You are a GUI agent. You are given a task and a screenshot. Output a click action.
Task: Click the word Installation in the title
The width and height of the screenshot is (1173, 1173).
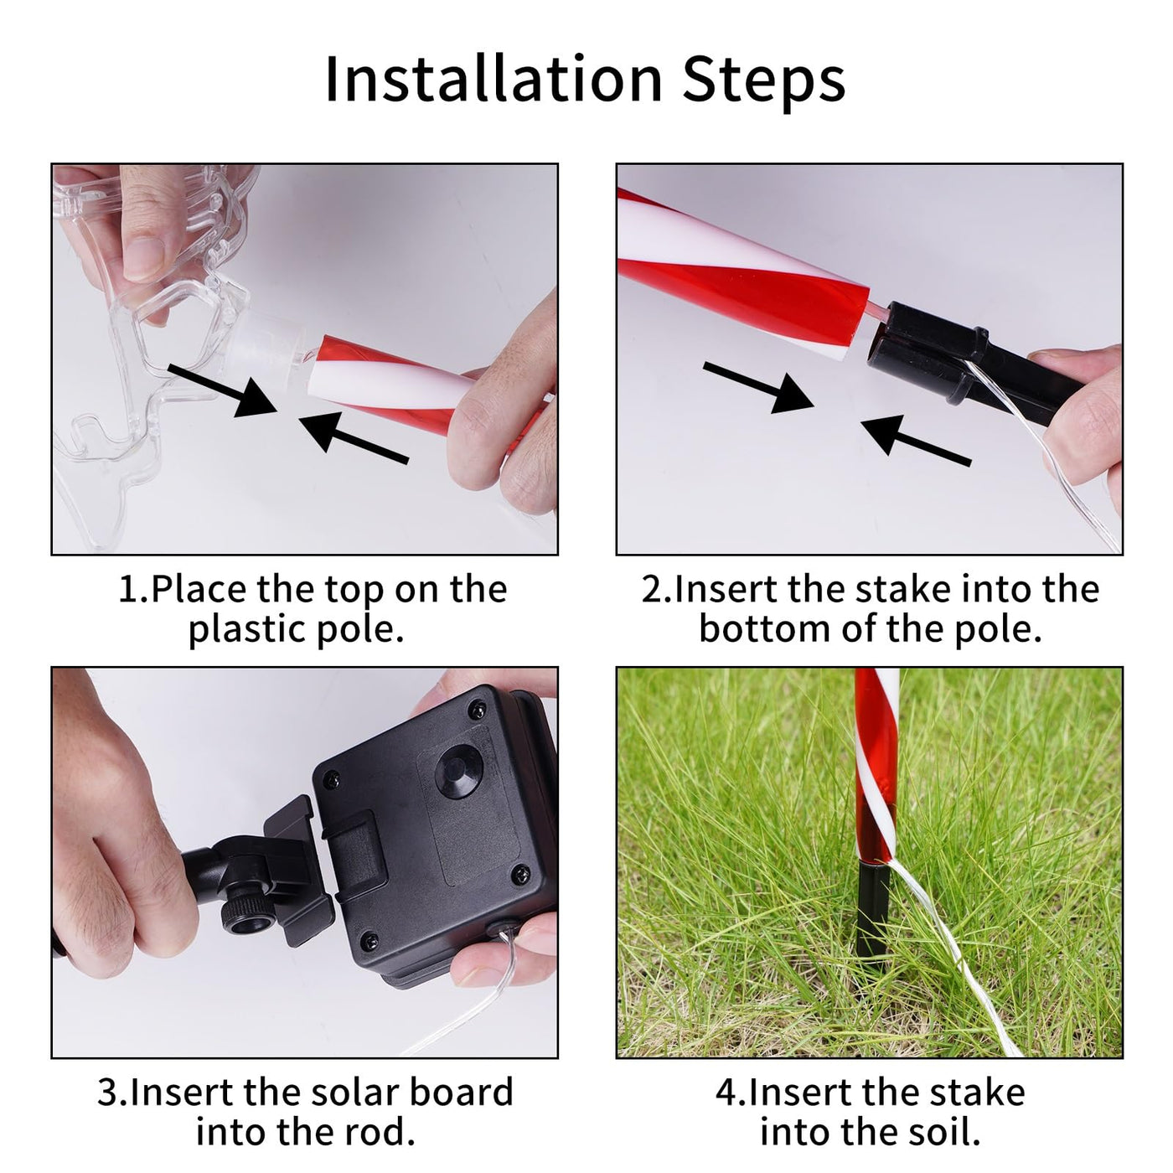click(x=493, y=79)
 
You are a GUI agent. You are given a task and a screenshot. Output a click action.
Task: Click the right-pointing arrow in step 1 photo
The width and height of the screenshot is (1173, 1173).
click(x=222, y=390)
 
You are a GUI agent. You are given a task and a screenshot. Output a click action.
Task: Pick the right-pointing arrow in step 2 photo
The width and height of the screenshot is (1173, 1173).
click(x=758, y=388)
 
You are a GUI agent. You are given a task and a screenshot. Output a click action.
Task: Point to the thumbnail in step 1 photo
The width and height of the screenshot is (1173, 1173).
click(x=144, y=257)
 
